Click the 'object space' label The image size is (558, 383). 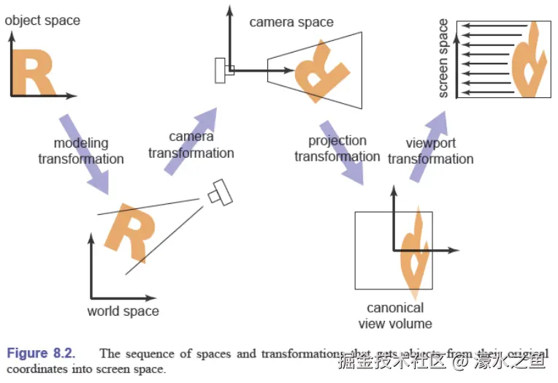(42, 20)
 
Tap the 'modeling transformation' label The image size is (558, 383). (81, 151)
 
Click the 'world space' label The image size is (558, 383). (123, 311)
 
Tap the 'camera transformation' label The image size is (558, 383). (191, 145)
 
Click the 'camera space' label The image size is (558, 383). (291, 22)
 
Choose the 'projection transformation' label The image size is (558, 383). (337, 148)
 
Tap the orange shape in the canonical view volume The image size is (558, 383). (414, 249)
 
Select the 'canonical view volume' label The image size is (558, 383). (395, 315)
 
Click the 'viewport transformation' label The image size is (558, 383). (430, 151)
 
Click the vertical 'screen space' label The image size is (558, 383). (443, 58)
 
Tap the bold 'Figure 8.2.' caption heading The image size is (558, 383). (41, 353)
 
